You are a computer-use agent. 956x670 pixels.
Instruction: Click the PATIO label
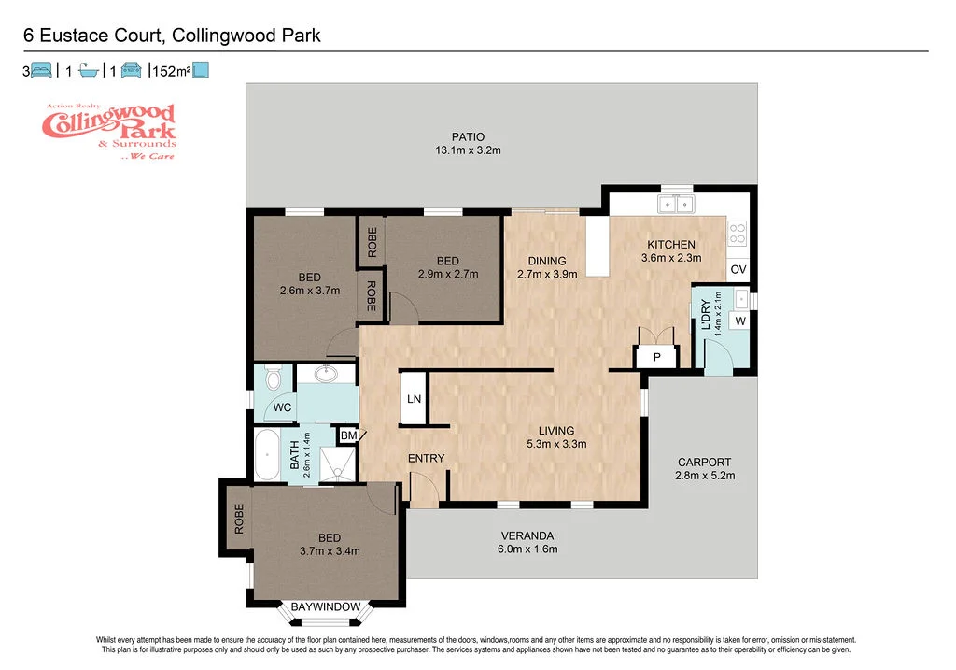pyautogui.click(x=468, y=136)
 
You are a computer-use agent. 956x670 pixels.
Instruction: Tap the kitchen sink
pyautogui.click(x=675, y=205)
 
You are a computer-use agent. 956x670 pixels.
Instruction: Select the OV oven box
pyautogui.click(x=738, y=270)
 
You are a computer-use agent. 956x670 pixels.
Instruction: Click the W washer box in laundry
pyautogui.click(x=740, y=321)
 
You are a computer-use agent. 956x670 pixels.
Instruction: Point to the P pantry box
pyautogui.click(x=656, y=357)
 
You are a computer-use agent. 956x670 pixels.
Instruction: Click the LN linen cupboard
pyautogui.click(x=413, y=399)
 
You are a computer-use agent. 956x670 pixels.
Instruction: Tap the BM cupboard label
pyautogui.click(x=348, y=435)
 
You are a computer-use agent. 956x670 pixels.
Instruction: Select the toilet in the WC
pyautogui.click(x=273, y=378)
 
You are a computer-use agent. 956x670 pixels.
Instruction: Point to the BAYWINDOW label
pyautogui.click(x=325, y=606)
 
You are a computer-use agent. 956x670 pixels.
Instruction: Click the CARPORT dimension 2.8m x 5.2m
pyautogui.click(x=705, y=476)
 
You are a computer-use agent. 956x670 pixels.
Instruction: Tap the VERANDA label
pyautogui.click(x=528, y=535)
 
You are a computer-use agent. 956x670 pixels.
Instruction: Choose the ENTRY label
pyautogui.click(x=426, y=458)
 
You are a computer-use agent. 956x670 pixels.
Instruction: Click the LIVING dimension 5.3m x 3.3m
pyautogui.click(x=555, y=444)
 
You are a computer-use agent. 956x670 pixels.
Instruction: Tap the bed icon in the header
pyautogui.click(x=41, y=69)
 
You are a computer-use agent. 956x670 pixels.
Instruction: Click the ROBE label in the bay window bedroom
pyautogui.click(x=239, y=519)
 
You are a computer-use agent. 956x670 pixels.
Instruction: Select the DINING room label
pyautogui.click(x=547, y=261)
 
